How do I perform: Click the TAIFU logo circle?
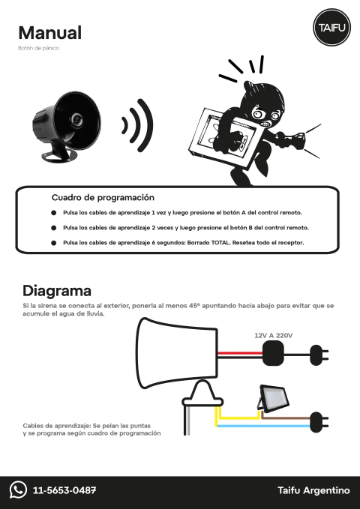pos(330,28)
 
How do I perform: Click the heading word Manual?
pos(50,33)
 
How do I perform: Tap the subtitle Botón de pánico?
pos(38,49)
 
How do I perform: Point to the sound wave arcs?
pos(138,124)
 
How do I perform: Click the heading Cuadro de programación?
pos(103,198)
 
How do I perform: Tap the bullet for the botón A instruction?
pos(54,214)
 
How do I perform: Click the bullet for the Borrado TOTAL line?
pos(54,243)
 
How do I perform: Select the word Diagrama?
pos(57,291)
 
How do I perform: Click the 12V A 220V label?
pos(274,336)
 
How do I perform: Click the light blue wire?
pos(262,427)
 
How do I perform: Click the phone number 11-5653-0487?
pos(64,491)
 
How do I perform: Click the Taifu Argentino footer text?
pos(313,491)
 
